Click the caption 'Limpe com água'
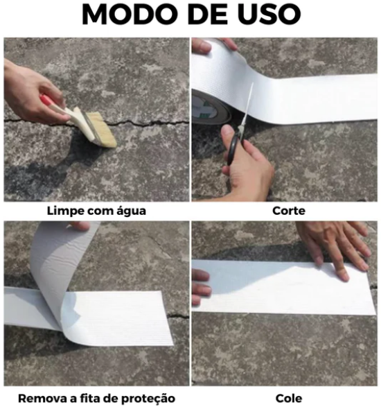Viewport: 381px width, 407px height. click(x=96, y=210)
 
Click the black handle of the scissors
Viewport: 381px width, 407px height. click(x=234, y=149)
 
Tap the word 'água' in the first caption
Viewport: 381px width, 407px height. click(x=131, y=210)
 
